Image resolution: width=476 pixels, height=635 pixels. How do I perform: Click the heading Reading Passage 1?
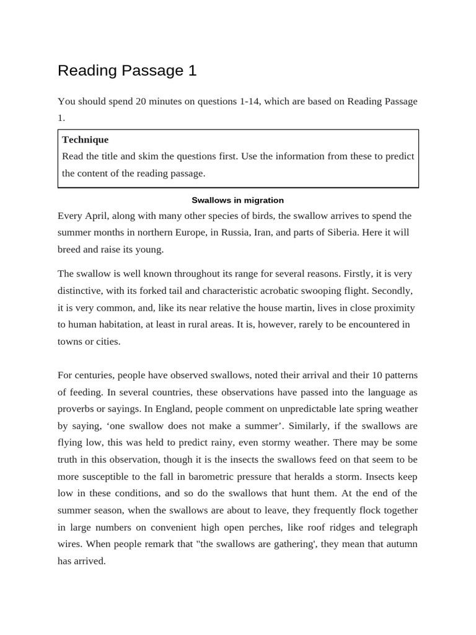click(x=127, y=71)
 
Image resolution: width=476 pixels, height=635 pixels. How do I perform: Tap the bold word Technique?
click(x=85, y=140)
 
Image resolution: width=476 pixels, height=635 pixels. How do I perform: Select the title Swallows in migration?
click(x=237, y=200)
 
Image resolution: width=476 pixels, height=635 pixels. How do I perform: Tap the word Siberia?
click(x=340, y=233)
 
